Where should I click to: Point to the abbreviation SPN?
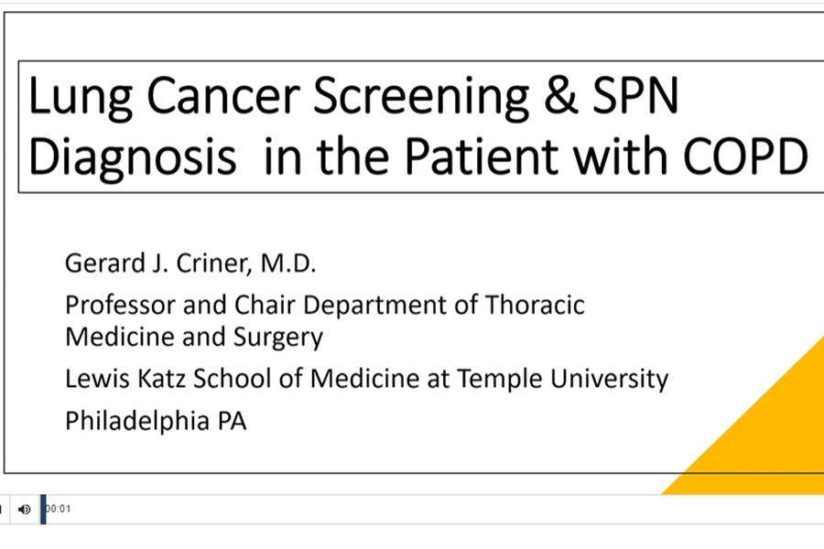click(x=639, y=97)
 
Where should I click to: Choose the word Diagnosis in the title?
click(x=132, y=157)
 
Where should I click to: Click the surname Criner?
click(x=213, y=264)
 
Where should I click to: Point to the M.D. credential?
click(x=287, y=264)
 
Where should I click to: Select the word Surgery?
click(x=278, y=338)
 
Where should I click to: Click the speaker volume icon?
click(x=25, y=509)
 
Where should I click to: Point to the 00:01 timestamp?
click(x=59, y=509)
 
